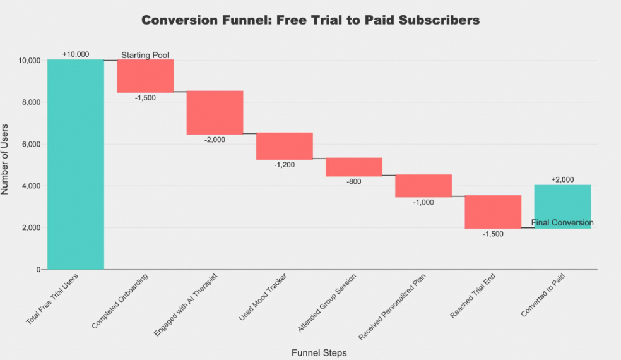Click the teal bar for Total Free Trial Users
[76, 164]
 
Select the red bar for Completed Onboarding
[145, 76]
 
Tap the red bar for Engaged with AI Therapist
[215, 112]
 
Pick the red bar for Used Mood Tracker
[284, 146]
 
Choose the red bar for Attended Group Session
[354, 167]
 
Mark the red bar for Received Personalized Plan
[423, 186]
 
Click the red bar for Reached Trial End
[493, 212]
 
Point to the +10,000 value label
[76, 54]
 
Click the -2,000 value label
[215, 140]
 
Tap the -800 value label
[354, 182]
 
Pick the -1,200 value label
[284, 165]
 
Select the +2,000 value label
[562, 179]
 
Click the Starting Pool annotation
[146, 55]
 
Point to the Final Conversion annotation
[562, 222]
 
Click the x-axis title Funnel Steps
[319, 352]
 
